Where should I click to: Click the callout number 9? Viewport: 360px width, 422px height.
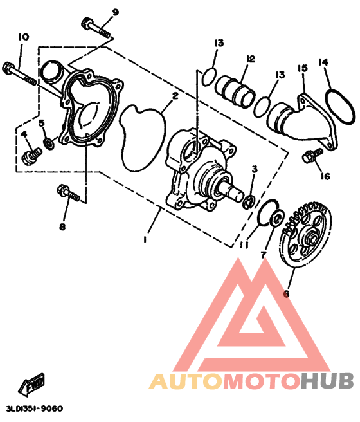(x=115, y=12)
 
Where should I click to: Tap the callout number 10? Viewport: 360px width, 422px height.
(x=24, y=37)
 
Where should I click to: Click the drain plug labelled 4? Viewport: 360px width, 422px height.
(x=32, y=156)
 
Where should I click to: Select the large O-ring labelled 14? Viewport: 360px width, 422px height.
(x=340, y=107)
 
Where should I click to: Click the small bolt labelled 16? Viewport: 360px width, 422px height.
(x=312, y=155)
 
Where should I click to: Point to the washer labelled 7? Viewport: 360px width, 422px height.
(x=277, y=217)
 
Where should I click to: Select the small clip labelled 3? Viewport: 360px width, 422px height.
(x=250, y=202)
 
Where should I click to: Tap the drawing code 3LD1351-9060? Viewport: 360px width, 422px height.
(x=35, y=408)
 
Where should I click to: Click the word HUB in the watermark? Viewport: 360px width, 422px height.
(x=327, y=381)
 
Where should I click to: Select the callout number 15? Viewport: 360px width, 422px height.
(x=303, y=68)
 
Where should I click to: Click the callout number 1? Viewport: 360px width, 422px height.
(x=145, y=239)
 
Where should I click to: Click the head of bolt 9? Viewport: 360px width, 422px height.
(x=87, y=23)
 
